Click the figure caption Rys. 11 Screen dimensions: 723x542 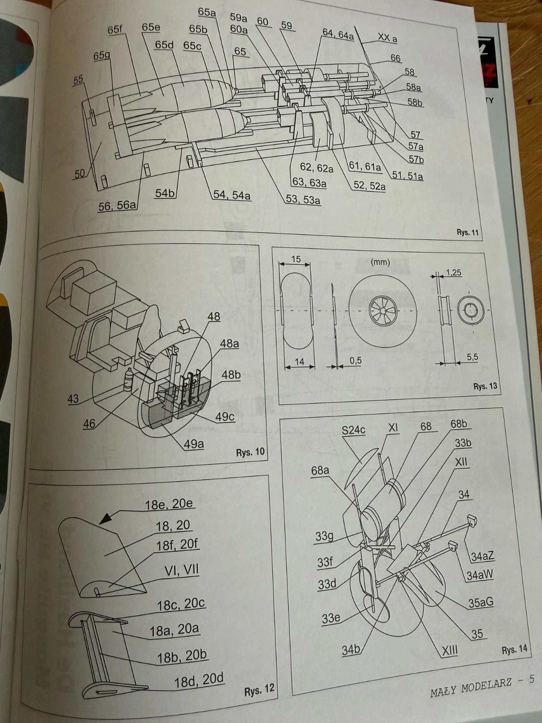click(467, 232)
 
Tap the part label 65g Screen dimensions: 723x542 click(102, 56)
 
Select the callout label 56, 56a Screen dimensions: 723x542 click(117, 206)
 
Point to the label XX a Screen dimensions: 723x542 click(387, 38)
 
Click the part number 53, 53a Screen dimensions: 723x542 click(303, 199)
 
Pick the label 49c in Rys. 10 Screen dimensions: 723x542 click(224, 416)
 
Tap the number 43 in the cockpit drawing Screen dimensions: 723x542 click(73, 399)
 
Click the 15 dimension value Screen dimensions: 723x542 click(296, 259)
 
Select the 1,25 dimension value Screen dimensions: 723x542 click(453, 272)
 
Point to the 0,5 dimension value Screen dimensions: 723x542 click(355, 361)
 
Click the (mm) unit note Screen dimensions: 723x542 click(380, 262)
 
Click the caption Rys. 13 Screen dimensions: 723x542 click(485, 386)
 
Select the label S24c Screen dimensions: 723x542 click(353, 429)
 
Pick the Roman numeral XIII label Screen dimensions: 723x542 click(449, 650)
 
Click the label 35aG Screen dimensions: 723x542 click(481, 602)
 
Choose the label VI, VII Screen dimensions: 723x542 click(181, 570)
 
